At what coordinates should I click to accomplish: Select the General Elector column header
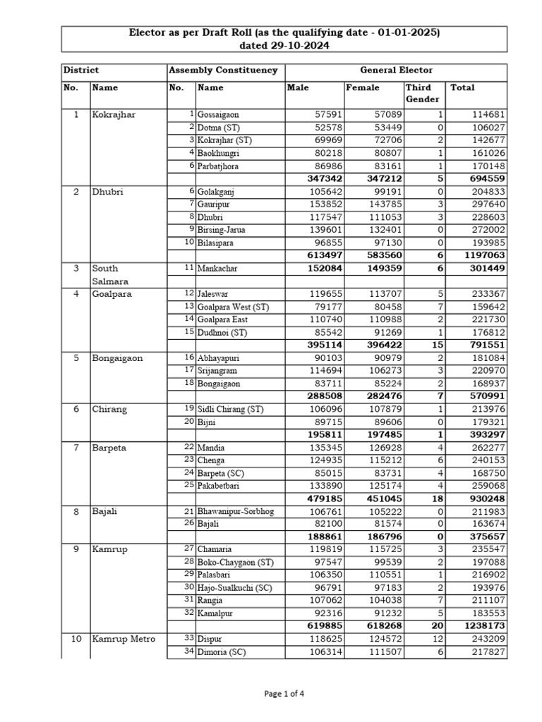point(396,71)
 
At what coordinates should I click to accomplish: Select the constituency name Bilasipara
point(220,243)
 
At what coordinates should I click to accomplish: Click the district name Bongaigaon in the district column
point(117,357)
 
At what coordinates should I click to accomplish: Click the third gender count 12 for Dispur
point(437,639)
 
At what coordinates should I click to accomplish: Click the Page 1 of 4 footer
point(284,693)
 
